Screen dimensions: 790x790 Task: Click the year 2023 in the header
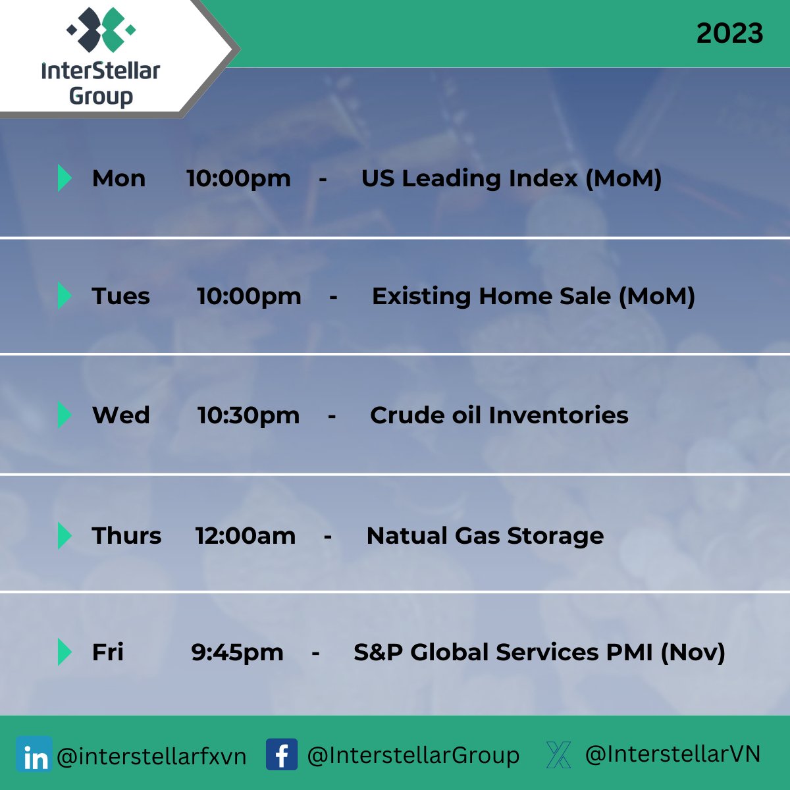729,33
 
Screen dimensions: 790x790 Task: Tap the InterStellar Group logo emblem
101,30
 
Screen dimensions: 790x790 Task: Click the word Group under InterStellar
101,96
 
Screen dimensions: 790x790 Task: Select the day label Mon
119,179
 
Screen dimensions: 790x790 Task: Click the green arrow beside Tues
65,296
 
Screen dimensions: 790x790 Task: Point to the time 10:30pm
248,415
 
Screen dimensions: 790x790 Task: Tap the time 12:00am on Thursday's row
245,536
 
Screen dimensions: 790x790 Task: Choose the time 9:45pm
237,652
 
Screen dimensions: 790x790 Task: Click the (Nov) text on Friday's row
693,652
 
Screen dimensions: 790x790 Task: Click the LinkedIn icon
34,754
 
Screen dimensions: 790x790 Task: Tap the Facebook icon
282,754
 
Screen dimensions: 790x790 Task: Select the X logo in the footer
558,754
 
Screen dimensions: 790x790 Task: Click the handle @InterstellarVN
673,754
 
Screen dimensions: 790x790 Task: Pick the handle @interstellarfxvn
151,756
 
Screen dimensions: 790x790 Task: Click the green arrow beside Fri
65,652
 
